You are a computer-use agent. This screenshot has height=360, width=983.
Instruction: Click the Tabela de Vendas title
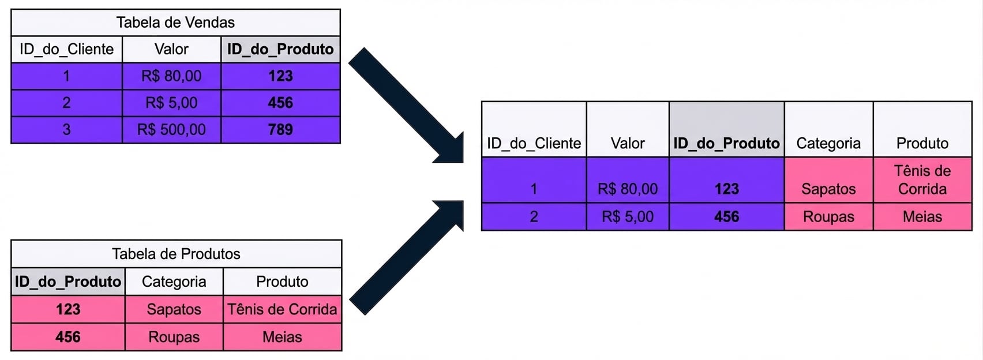click(x=175, y=22)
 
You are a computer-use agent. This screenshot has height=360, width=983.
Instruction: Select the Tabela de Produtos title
click(x=176, y=254)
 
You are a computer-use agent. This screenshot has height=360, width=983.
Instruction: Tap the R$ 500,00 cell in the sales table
click(x=171, y=129)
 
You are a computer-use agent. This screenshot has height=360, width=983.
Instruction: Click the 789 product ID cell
click(x=280, y=129)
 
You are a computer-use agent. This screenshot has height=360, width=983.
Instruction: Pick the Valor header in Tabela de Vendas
click(x=171, y=49)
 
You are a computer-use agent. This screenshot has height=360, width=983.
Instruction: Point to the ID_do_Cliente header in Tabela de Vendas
click(x=67, y=49)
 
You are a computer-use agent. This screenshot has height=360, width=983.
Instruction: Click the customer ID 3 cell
click(x=67, y=129)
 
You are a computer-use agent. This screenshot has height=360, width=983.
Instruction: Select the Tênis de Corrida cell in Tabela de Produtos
click(x=282, y=309)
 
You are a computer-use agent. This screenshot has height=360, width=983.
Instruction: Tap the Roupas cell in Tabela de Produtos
click(x=174, y=337)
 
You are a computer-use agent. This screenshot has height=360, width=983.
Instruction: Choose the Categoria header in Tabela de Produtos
click(x=174, y=282)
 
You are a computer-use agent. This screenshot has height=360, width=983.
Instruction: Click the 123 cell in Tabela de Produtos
click(x=68, y=309)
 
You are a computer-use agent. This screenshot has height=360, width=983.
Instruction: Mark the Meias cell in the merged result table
click(x=922, y=216)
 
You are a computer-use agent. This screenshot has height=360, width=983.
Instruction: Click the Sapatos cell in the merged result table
click(x=828, y=180)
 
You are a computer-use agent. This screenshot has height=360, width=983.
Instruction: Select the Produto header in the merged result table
click(x=922, y=129)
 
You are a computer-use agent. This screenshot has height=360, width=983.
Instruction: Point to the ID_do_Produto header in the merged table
click(x=727, y=129)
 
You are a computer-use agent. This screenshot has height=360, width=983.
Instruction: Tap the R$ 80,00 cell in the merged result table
click(x=628, y=180)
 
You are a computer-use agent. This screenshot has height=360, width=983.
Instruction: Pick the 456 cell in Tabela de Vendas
click(x=280, y=103)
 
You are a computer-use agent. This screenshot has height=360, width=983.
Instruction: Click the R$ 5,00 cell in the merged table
click(x=628, y=216)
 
